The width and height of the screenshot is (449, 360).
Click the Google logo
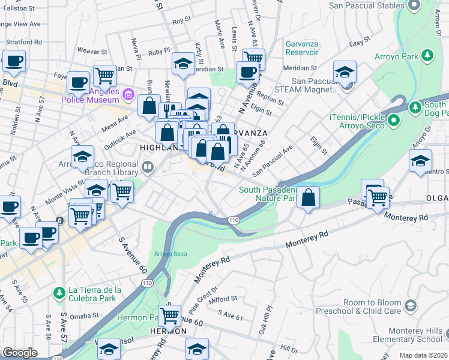[20, 353]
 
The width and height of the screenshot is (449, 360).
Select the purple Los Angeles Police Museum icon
[127, 94]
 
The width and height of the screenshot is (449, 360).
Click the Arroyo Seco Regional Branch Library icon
[148, 166]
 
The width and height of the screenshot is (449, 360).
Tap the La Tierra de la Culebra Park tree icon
[59, 293]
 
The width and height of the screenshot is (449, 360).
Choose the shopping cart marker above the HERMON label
[170, 314]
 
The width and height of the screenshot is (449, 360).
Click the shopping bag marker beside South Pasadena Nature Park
[308, 197]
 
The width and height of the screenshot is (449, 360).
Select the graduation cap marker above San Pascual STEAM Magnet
[345, 72]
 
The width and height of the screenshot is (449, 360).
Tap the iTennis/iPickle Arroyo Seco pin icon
[393, 121]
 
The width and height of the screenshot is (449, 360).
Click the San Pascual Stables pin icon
[413, 5]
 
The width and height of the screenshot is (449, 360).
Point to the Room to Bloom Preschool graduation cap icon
[410, 306]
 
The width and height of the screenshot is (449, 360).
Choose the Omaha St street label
[82, 315]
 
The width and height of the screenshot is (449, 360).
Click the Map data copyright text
[423, 355]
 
